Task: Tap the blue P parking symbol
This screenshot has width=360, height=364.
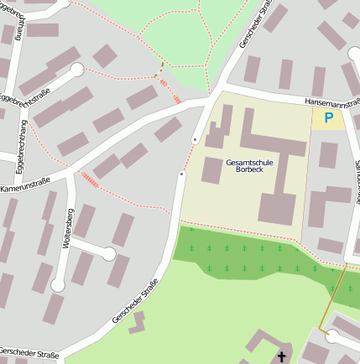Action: (x=329, y=119)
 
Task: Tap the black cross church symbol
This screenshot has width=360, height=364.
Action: (x=282, y=357)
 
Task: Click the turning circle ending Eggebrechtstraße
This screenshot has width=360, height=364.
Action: (x=77, y=70)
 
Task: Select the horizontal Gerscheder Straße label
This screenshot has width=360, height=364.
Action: (x=29, y=354)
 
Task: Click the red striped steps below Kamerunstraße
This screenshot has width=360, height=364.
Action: (x=88, y=179)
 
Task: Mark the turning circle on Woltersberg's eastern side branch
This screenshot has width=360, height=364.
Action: (x=109, y=252)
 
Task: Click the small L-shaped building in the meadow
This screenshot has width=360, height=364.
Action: (x=136, y=322)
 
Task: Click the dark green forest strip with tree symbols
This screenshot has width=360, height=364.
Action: (x=252, y=256)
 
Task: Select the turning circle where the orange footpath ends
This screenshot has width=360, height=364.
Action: (x=333, y=336)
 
